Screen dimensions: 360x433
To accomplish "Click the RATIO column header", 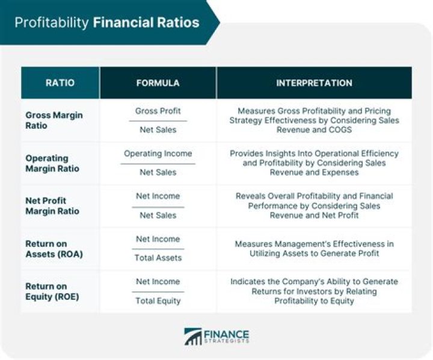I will point(60,82).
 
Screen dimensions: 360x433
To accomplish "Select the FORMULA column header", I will point(158,82).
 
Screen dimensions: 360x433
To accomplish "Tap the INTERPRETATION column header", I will point(314,82).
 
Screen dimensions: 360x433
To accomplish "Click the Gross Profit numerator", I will point(158,111).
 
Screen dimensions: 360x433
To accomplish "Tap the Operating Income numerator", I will point(158,154).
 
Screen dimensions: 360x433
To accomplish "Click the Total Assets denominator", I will point(158,258).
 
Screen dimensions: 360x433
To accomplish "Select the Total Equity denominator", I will point(158,300).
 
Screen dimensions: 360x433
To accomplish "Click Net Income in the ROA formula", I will point(158,239).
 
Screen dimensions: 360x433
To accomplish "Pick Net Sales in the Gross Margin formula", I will point(158,129).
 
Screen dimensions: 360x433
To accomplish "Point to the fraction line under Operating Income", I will point(158,163).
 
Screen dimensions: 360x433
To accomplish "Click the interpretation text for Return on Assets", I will point(314,249).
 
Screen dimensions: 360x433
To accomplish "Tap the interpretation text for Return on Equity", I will point(314,291).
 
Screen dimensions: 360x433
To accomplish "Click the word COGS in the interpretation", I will point(340,129).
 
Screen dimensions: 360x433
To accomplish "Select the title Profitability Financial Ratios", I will point(107,23).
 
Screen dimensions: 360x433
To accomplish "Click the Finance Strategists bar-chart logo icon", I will point(193,337).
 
